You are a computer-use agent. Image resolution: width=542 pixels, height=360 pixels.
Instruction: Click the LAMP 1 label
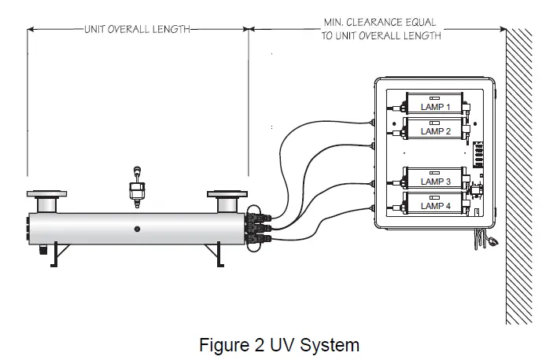click(x=435, y=107)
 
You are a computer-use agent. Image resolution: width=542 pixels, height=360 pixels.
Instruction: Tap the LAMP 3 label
click(x=435, y=181)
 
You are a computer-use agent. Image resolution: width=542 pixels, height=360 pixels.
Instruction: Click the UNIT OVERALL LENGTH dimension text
click(x=137, y=29)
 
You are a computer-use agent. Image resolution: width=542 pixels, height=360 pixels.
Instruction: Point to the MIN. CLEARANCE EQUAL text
click(x=380, y=23)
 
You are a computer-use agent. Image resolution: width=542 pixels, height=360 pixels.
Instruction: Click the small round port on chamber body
click(x=137, y=229)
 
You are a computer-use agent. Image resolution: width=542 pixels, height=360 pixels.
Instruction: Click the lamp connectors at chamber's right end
click(x=256, y=227)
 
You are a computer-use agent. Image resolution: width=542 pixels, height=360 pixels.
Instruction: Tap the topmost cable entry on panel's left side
click(x=373, y=121)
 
